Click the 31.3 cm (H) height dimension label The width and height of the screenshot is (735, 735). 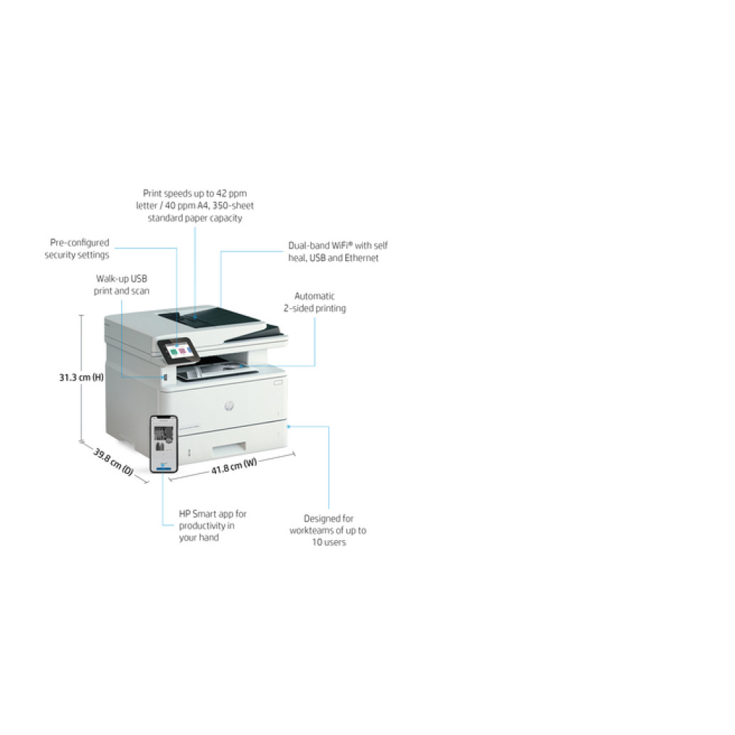pos(81,377)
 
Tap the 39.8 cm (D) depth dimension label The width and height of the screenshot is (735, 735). pos(113,462)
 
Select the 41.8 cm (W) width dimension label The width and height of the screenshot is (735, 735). pos(234,466)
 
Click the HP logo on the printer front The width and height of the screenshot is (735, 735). pos(228,406)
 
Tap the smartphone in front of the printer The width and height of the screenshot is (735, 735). pos(164,443)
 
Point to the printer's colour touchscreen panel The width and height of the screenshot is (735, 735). pos(179,351)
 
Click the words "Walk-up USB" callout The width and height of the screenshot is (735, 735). pos(122,279)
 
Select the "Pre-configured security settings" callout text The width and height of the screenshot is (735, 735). pos(77,249)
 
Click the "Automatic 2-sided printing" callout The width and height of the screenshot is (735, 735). pos(314,302)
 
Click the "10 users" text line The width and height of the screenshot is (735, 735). pos(329,542)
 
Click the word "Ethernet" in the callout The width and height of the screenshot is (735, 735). pos(361,258)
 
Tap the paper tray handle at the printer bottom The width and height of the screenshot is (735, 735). pos(229,449)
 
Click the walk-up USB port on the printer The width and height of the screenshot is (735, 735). pos(164,377)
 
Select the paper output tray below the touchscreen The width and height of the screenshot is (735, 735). pos(218,370)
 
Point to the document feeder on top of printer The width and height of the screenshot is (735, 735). pos(221,324)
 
